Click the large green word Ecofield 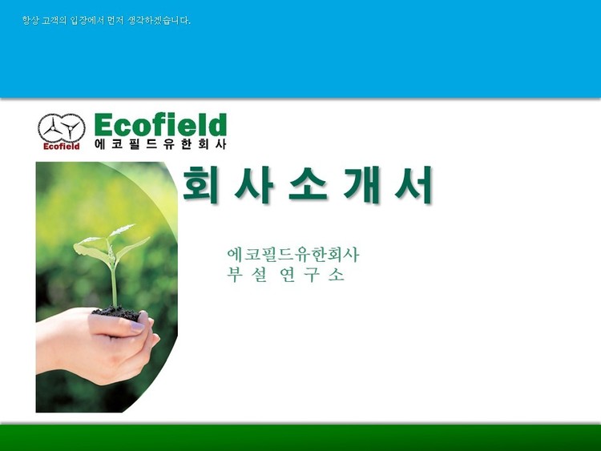160,125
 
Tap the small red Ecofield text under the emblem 62,147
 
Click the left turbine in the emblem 53,126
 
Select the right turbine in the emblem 71,128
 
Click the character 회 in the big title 200,184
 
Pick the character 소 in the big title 309,184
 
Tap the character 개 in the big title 361,184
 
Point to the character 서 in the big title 414,184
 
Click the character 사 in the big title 254,184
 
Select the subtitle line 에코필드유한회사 293,255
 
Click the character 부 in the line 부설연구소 233,274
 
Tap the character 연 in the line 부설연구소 287,274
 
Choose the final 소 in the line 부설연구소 337,274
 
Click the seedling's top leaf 122,230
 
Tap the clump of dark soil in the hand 117,313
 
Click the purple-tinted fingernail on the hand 137,327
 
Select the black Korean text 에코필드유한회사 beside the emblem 160,143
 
